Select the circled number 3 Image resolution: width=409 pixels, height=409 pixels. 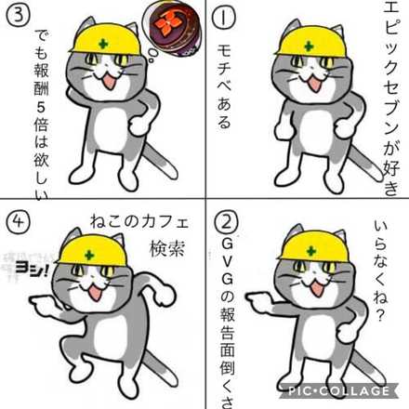click(20, 18)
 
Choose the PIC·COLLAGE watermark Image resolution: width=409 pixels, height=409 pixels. click(347, 390)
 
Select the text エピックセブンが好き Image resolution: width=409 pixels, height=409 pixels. click(390, 102)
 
